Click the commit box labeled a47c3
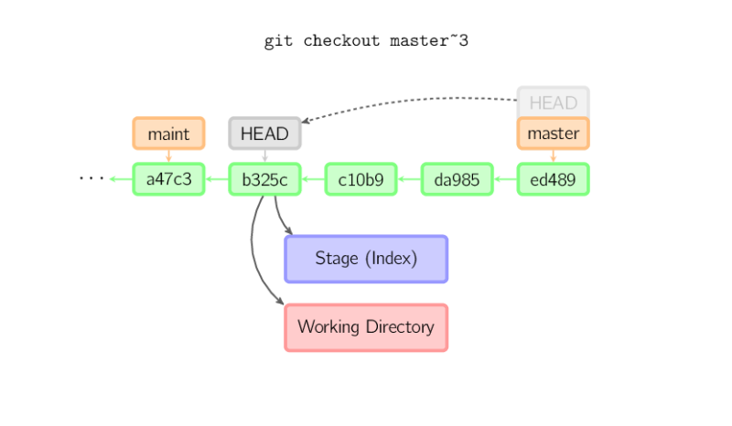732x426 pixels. tap(168, 179)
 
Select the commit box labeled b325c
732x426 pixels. tap(264, 179)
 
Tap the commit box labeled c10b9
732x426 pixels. tap(361, 179)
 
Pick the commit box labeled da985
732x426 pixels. tap(457, 179)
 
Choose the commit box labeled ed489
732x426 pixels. tap(553, 179)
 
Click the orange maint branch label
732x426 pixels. tap(168, 133)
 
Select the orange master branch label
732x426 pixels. tap(553, 133)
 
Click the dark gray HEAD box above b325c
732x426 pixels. tap(264, 133)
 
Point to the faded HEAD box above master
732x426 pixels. tap(553, 101)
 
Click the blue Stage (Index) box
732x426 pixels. tap(366, 259)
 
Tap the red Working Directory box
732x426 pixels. tap(366, 327)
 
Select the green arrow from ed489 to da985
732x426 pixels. tap(505, 179)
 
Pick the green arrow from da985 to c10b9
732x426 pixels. tap(409, 179)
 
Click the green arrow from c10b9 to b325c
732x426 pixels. tap(313, 179)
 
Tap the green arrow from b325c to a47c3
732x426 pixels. tap(217, 179)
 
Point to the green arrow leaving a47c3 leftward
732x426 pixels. tap(120, 179)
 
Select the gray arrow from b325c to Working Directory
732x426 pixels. tap(253, 256)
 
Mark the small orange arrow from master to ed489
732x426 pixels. tap(553, 156)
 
